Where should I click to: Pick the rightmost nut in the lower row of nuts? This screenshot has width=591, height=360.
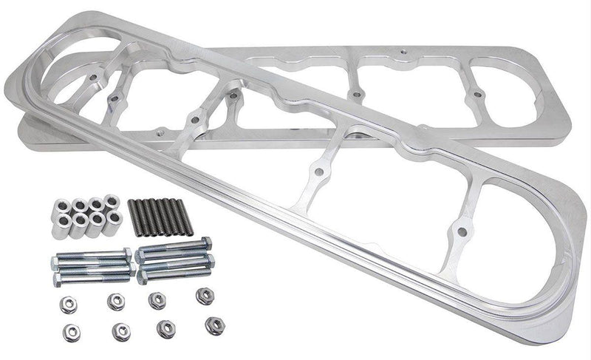tap(215, 324)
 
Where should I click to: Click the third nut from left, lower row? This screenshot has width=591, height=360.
tap(168, 327)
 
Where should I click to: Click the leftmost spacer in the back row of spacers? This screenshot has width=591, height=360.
tap(78, 204)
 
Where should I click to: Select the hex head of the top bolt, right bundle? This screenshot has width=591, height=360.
tap(206, 242)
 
